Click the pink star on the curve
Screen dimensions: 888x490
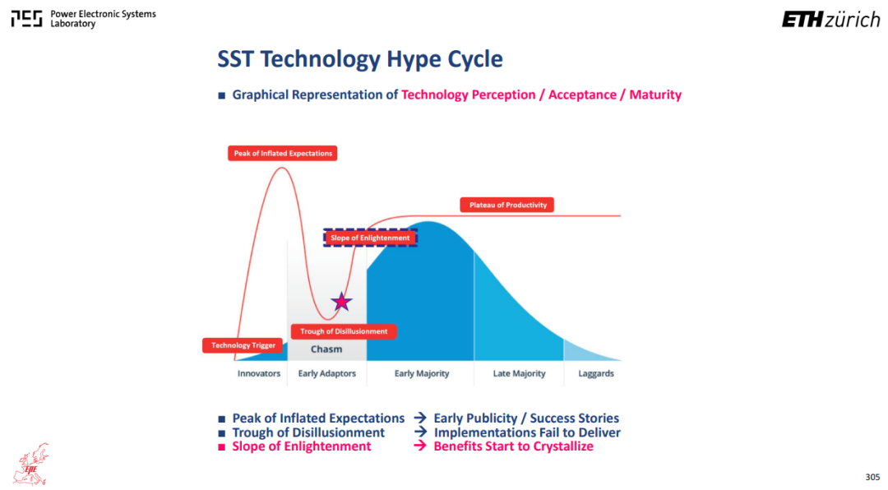tap(341, 302)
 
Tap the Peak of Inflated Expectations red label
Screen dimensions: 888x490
tap(283, 154)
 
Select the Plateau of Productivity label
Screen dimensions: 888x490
tap(507, 205)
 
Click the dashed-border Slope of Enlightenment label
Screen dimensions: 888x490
tap(370, 238)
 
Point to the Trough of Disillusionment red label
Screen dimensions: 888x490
tap(344, 331)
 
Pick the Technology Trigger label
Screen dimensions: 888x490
tap(243, 345)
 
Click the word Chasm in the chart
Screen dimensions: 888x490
tap(326, 349)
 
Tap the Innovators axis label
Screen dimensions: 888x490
tap(259, 373)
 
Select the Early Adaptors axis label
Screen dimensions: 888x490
tap(326, 373)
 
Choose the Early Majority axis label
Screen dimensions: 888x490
tap(422, 373)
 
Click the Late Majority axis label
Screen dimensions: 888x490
tap(520, 373)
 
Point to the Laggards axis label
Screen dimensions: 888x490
tap(596, 373)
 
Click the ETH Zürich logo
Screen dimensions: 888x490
tap(830, 20)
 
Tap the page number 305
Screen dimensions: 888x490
tap(872, 477)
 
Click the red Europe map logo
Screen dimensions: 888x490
tap(31, 465)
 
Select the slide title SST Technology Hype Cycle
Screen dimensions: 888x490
tap(360, 59)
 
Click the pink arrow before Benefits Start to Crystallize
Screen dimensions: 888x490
tap(419, 446)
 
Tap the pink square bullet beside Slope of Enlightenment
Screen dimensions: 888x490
tap(221, 447)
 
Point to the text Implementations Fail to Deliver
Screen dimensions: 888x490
tap(527, 432)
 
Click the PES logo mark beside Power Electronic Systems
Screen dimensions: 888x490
tap(26, 19)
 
